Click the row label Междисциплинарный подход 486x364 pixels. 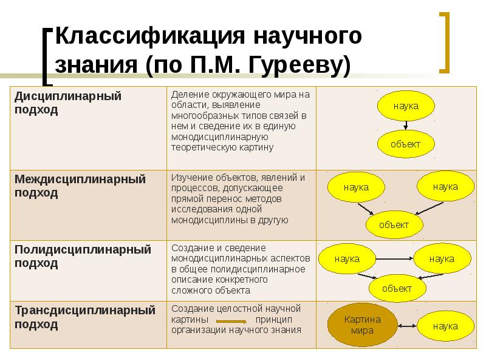pyautogui.click(x=80, y=186)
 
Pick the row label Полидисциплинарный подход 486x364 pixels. pyautogui.click(x=82, y=256)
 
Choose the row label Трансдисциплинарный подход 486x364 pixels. pyautogui.click(x=84, y=317)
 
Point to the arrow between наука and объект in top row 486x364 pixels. pyautogui.click(x=406, y=125)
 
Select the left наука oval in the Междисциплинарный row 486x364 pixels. pyautogui.click(x=356, y=187)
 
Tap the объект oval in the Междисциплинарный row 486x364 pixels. pyautogui.click(x=394, y=224)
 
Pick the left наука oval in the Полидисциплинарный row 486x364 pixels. pyautogui.click(x=347, y=259)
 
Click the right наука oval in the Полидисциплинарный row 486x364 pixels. pyautogui.click(x=442, y=259)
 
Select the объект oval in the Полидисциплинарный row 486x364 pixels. pyautogui.click(x=397, y=288)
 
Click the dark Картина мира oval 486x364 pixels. pyautogui.click(x=362, y=326)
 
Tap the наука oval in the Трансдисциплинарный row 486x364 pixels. pyautogui.click(x=445, y=326)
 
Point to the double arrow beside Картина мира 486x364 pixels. pyautogui.click(x=406, y=326)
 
